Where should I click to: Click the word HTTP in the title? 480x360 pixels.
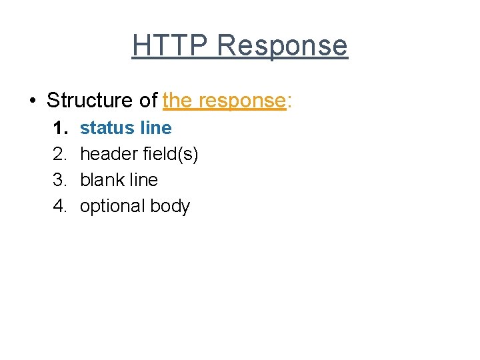click(171, 46)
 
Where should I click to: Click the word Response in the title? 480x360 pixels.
click(282, 46)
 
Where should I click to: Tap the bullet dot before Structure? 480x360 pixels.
click(31, 101)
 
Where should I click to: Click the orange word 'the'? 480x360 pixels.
click(177, 101)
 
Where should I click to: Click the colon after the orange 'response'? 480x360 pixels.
click(289, 101)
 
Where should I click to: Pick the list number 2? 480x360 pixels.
click(60, 154)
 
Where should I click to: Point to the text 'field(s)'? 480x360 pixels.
click(172, 154)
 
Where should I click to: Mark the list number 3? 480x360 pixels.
click(60, 180)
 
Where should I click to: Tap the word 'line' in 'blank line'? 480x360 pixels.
click(145, 180)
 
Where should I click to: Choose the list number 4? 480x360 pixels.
click(60, 206)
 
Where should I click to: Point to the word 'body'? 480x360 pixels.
click(170, 207)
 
